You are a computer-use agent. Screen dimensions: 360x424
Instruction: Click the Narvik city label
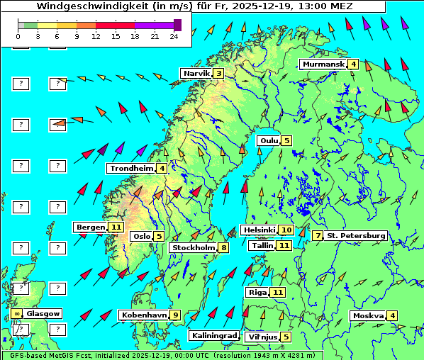[196, 73]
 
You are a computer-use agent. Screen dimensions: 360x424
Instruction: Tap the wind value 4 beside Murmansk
[353, 64]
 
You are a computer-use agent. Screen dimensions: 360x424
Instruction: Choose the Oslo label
[142, 236]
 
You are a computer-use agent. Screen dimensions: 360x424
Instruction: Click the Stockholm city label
[194, 247]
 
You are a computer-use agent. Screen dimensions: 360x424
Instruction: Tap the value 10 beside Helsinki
[286, 230]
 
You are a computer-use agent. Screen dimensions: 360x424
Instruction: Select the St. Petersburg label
[356, 235]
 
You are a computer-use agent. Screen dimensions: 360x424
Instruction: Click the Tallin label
[261, 245]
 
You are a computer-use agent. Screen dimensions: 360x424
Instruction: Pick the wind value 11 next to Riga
[277, 292]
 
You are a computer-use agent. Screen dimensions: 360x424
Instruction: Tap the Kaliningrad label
[213, 336]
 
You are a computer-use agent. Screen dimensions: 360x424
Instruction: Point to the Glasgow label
[43, 313]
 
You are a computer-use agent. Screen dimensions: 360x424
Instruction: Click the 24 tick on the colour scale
[174, 35]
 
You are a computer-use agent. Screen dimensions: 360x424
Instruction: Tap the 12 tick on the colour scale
[96, 35]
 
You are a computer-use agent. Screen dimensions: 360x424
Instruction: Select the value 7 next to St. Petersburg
[318, 235]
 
